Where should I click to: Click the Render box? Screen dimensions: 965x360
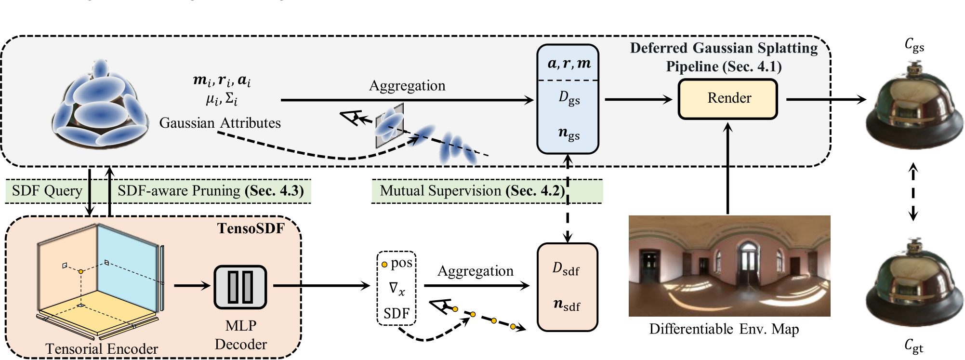[727, 99]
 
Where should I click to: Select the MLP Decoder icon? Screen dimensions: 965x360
[240, 287]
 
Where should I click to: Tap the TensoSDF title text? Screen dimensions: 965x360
[251, 228]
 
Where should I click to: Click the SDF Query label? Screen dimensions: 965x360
[47, 191]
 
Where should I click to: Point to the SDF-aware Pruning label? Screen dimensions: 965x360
[211, 191]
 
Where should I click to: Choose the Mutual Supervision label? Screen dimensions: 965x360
[472, 191]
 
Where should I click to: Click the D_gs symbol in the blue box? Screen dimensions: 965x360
[569, 98]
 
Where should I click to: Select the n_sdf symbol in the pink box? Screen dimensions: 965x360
[567, 305]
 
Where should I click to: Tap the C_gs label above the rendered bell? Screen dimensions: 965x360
[914, 45]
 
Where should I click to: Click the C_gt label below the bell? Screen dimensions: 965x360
[913, 346]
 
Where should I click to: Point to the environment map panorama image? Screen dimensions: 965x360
[729, 266]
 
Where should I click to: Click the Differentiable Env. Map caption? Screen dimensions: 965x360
[724, 329]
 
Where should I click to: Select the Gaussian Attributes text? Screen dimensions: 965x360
[220, 123]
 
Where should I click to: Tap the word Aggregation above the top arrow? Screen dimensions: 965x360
[407, 86]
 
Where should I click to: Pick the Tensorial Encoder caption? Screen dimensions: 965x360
[102, 348]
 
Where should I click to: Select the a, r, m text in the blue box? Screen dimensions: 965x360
[569, 63]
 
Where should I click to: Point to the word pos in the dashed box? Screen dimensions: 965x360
[401, 263]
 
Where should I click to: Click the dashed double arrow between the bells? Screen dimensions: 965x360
[912, 192]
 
